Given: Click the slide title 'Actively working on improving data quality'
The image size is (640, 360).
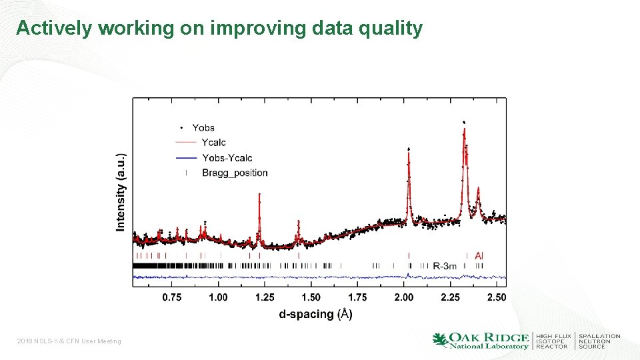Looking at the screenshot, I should tap(219, 28).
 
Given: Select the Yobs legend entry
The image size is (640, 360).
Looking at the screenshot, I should tap(203, 127).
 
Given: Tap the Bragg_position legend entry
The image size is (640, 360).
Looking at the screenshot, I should tap(235, 173).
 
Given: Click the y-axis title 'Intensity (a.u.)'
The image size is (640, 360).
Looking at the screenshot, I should tap(121, 193).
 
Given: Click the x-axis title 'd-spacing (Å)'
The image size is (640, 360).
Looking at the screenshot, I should tap(315, 313).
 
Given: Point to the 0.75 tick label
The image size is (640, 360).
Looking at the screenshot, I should tap(172, 297).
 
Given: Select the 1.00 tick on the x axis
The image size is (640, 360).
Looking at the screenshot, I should tap(218, 297).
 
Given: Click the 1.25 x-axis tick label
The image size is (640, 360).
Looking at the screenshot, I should tap(265, 297).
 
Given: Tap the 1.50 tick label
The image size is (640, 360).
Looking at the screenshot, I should tap(311, 297).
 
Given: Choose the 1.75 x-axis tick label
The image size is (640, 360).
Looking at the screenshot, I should tap(357, 297).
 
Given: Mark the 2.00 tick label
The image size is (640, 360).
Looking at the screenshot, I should tap(403, 297).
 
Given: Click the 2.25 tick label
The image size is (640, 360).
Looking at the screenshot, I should tap(450, 297).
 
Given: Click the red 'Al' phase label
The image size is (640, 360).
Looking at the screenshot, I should tap(479, 255).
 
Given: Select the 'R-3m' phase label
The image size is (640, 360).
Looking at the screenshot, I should tap(445, 266).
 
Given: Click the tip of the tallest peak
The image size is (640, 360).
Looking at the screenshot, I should tap(463, 123).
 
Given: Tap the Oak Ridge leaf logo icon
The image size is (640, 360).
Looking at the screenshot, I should tap(440, 340).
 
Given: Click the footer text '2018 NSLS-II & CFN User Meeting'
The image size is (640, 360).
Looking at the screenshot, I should tap(69, 341).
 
